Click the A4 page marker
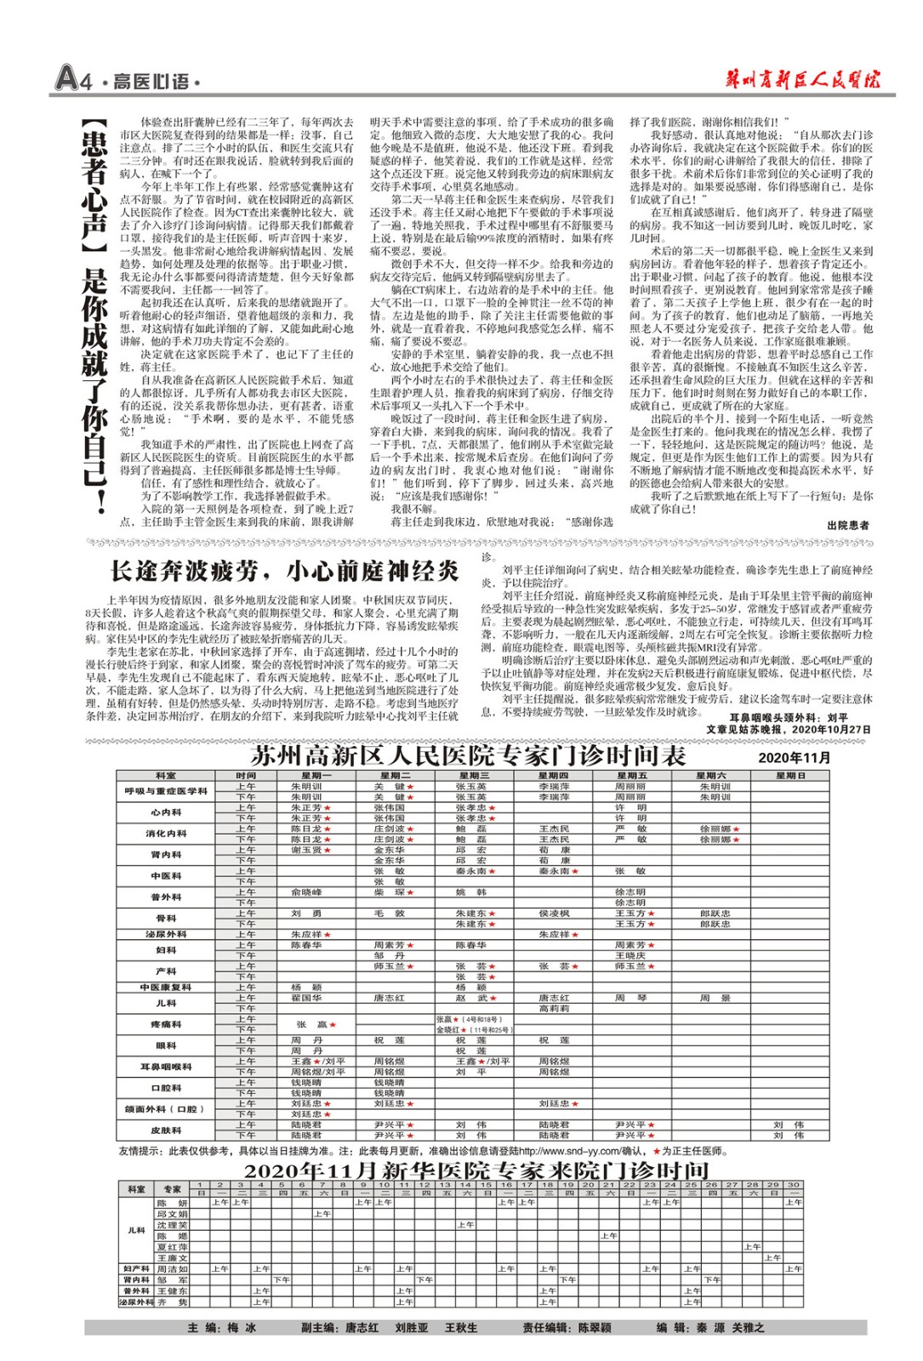[72, 78]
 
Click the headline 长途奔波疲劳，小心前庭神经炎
[284, 571]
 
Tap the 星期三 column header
[474, 776]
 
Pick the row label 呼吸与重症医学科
[166, 791]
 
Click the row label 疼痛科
[166, 1024]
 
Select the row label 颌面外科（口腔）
[166, 1108]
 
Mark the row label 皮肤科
[166, 1130]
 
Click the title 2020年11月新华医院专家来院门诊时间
[476, 1170]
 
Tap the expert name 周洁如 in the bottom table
[172, 1269]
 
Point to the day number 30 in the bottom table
[793, 1184]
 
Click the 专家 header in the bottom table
[172, 1188]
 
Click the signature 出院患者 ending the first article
[847, 525]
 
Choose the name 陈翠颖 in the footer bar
[595, 1328]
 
